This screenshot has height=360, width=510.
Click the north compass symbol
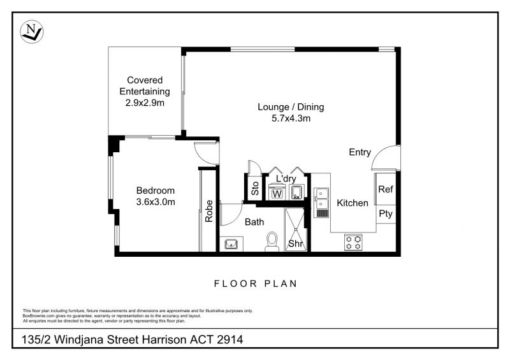click(31, 32)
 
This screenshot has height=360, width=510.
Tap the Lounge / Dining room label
click(291, 107)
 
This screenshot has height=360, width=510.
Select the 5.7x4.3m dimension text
click(291, 119)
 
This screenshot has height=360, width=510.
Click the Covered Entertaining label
click(145, 85)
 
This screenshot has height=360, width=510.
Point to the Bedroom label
click(156, 191)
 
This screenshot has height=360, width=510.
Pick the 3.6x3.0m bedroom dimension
click(156, 202)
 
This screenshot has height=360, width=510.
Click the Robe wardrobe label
click(209, 211)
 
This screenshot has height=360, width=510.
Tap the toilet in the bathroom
click(272, 241)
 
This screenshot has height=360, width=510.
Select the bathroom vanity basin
click(231, 243)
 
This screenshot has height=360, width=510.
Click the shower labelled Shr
click(296, 229)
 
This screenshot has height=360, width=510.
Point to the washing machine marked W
click(277, 193)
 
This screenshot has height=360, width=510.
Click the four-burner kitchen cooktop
click(353, 242)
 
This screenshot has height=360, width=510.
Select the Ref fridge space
click(386, 189)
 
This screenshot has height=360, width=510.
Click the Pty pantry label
click(386, 214)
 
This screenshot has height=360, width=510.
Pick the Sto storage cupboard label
click(256, 189)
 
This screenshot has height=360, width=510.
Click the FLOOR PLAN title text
click(256, 284)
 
